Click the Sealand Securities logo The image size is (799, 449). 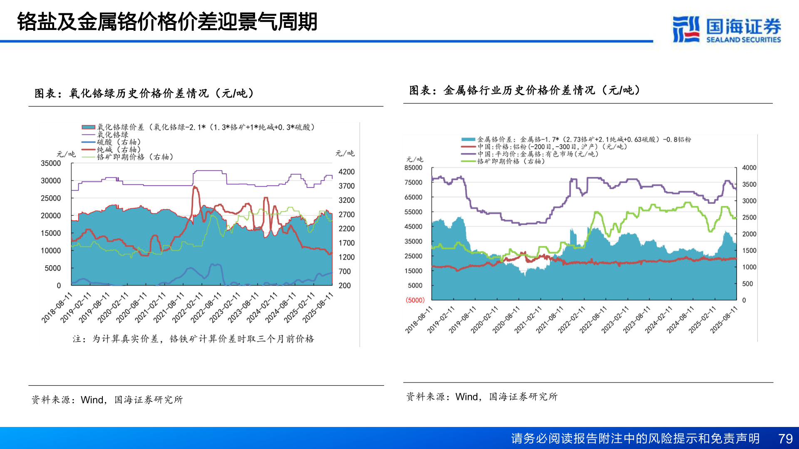click(x=726, y=29)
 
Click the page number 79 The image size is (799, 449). click(x=785, y=439)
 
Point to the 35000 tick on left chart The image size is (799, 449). click(x=51, y=163)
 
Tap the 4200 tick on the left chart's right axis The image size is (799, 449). click(x=346, y=172)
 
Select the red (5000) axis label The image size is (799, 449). click(x=415, y=300)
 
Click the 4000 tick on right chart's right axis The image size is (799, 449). click(x=749, y=168)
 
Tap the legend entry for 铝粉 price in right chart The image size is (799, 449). click(x=551, y=147)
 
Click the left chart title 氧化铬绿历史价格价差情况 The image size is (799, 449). click(x=144, y=93)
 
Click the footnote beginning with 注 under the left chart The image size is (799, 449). click(x=194, y=339)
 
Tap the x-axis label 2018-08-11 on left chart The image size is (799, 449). click(x=57, y=308)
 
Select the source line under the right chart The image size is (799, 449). click(x=481, y=397)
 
